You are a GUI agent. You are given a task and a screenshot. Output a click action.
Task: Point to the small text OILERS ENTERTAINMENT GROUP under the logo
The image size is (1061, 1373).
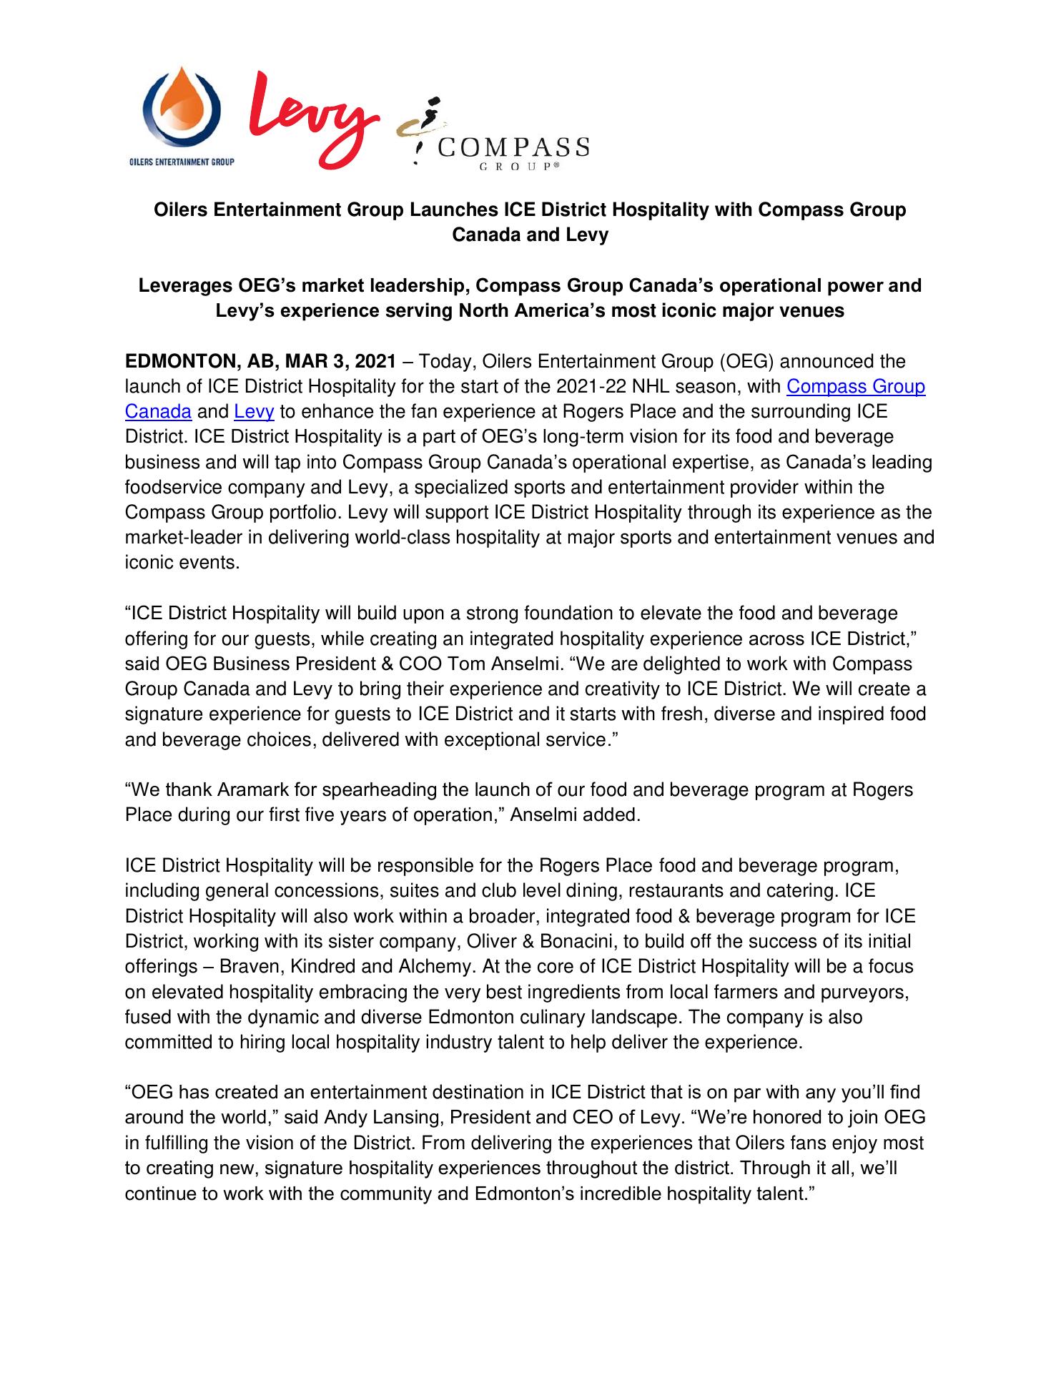(182, 162)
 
